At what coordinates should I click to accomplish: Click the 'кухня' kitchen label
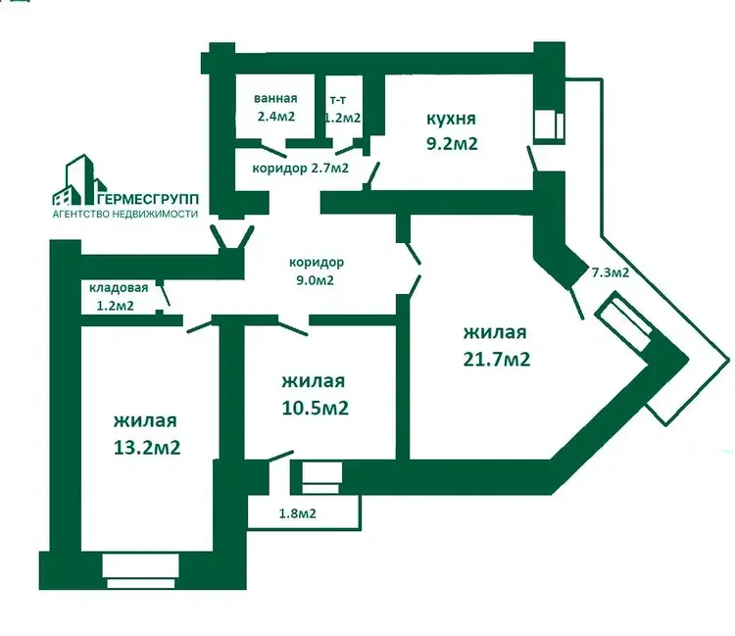tap(451, 119)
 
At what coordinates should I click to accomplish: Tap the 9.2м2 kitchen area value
tap(452, 143)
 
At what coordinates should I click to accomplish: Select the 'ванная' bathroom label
tap(275, 98)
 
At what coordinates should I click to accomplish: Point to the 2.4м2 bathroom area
tap(276, 117)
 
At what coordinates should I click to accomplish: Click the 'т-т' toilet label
tap(338, 100)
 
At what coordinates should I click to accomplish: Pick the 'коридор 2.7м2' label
tap(301, 169)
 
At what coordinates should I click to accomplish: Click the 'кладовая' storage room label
tap(119, 288)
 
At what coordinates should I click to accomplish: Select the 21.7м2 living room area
tap(497, 359)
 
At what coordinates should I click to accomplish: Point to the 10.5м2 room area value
tap(315, 408)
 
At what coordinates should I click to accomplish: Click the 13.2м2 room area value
tap(147, 448)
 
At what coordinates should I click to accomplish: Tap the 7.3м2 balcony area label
tap(611, 272)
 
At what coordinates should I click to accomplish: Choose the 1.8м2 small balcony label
tap(298, 514)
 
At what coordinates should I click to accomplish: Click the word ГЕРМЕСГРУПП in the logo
tap(149, 199)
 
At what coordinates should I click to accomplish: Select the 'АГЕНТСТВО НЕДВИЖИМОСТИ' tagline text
tap(125, 215)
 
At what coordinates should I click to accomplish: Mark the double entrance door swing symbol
tap(232, 237)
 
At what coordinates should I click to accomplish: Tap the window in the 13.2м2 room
tap(140, 571)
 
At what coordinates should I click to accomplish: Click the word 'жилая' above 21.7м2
tap(495, 332)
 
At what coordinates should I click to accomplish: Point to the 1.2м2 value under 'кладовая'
tap(116, 306)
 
